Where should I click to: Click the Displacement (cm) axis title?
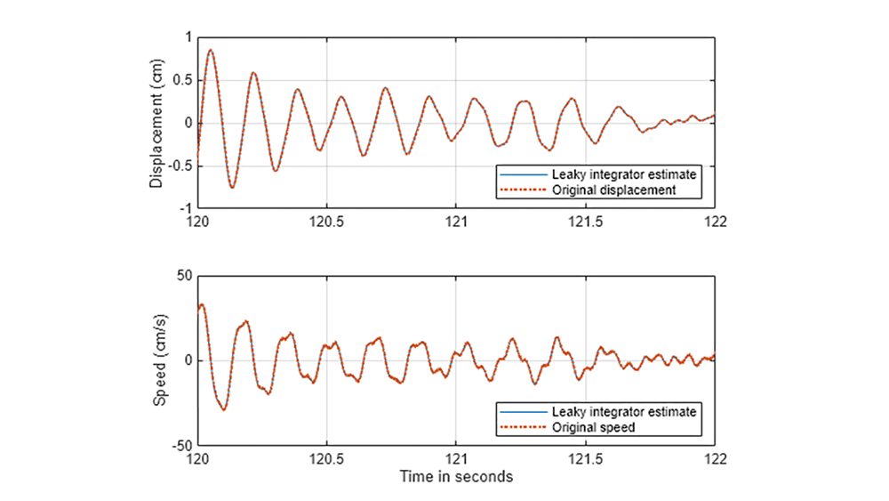pos(156,124)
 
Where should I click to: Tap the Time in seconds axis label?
pos(455,477)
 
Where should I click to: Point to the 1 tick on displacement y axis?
pos(188,37)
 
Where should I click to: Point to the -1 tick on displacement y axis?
pos(185,208)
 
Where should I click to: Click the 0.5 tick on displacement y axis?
pos(182,80)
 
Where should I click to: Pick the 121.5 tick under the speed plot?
pos(585,459)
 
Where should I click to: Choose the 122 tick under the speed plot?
pos(714,459)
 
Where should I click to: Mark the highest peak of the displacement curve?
pos(211,50)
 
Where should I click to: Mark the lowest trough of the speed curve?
pos(224,409)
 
